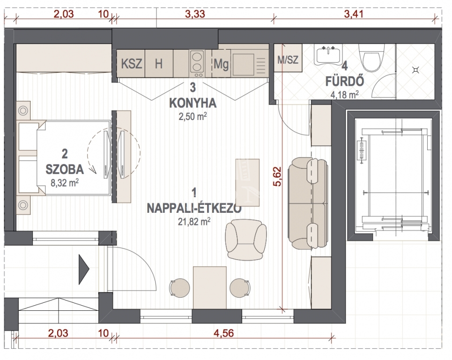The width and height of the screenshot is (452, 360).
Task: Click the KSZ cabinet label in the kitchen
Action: [132, 64]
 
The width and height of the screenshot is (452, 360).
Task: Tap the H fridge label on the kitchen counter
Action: [158, 64]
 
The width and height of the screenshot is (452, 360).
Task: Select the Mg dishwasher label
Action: [221, 64]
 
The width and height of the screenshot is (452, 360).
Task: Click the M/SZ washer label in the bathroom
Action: [288, 60]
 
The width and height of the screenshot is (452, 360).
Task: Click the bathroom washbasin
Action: [328, 55]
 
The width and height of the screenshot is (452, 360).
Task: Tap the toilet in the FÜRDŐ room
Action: [371, 58]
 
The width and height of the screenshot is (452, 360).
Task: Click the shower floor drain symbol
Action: [415, 70]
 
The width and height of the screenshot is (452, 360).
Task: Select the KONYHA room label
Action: [193, 103]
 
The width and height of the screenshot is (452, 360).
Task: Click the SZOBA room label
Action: [65, 169]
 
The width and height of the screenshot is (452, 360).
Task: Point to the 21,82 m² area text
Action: [194, 222]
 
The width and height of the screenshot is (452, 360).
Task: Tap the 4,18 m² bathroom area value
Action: [345, 94]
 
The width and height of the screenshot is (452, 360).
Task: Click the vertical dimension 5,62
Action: [278, 176]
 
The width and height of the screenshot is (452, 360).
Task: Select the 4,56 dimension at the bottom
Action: [224, 333]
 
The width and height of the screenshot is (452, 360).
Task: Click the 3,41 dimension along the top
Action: [354, 14]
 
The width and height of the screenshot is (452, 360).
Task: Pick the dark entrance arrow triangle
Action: [84, 269]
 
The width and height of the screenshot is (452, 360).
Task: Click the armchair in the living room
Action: [246, 239]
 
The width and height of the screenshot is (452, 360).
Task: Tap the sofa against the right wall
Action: [308, 203]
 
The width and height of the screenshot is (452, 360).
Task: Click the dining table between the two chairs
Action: [209, 288]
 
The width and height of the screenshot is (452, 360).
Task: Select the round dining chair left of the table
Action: [179, 288]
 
